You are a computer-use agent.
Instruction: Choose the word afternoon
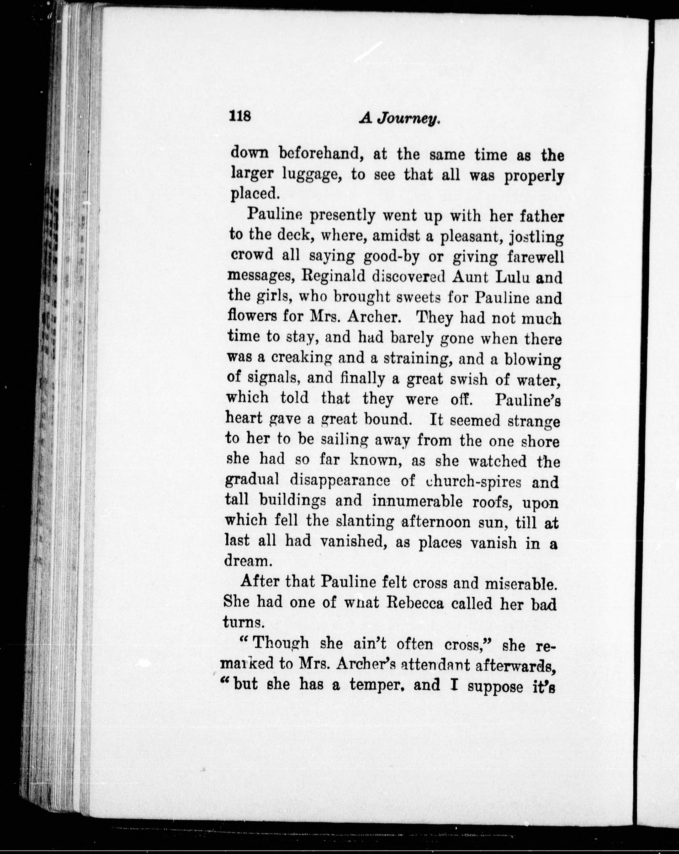pyautogui.click(x=443, y=522)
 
